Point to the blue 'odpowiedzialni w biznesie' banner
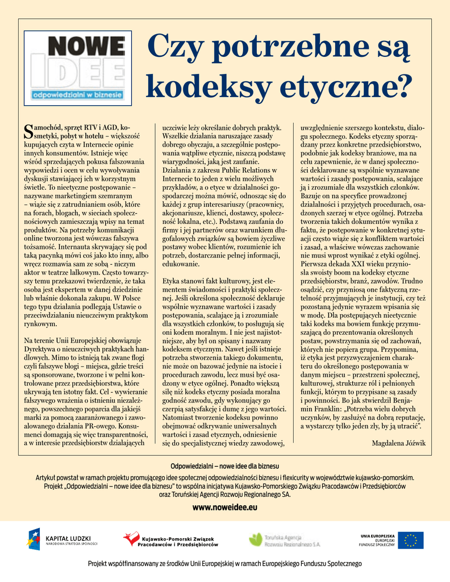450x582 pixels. [78, 94]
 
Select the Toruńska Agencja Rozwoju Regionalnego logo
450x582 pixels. [286, 540]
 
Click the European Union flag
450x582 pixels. [410, 540]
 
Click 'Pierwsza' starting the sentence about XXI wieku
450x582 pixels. [315, 264]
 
